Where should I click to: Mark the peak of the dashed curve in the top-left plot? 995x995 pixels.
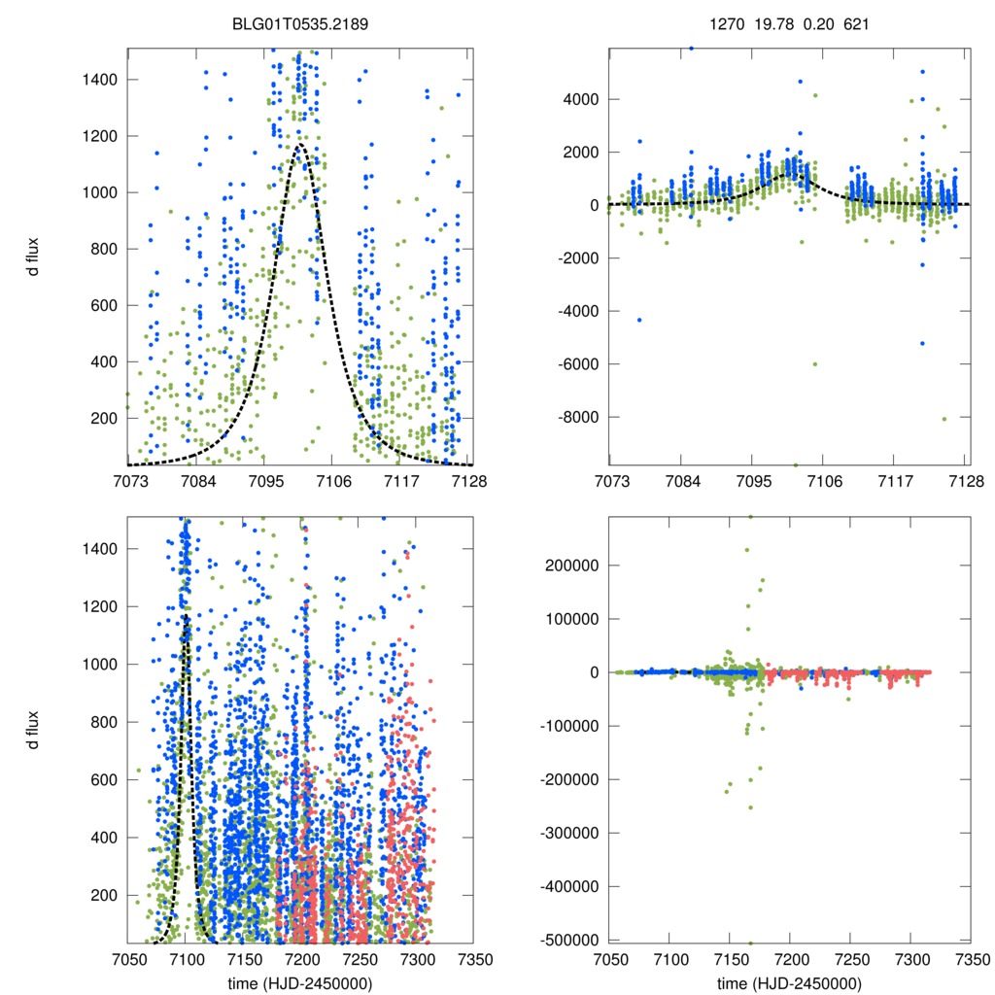click(x=301, y=145)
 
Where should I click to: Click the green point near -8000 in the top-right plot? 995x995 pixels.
click(x=944, y=419)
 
